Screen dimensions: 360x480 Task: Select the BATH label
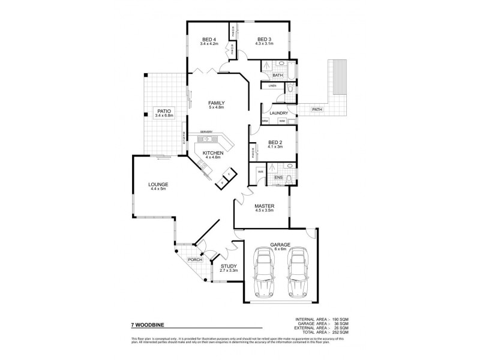pos(277,76)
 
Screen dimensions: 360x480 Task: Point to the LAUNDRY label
pos(279,113)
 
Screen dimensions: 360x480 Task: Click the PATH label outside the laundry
pos(317,109)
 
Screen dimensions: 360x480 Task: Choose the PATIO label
pos(163,111)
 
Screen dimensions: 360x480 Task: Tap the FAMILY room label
pos(216,103)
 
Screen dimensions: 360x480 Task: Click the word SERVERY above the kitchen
pos(207,132)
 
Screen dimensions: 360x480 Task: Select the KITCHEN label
pos(213,154)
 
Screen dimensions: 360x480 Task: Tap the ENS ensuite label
pos(278,178)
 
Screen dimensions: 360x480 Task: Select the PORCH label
pos(194,260)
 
